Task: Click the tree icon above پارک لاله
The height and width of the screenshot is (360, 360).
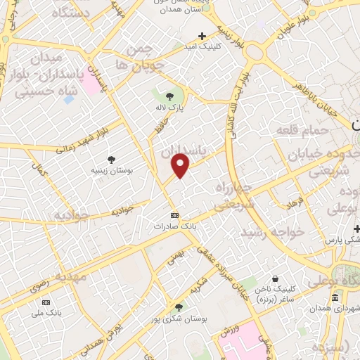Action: click(169, 97)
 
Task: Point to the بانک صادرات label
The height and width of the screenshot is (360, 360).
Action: click(175, 227)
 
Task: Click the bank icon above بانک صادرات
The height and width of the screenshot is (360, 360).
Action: click(175, 215)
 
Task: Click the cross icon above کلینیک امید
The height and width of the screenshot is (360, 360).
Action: click(202, 36)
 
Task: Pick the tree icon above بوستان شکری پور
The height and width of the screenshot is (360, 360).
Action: click(178, 307)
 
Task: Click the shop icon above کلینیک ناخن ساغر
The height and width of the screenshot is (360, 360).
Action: click(282, 278)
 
